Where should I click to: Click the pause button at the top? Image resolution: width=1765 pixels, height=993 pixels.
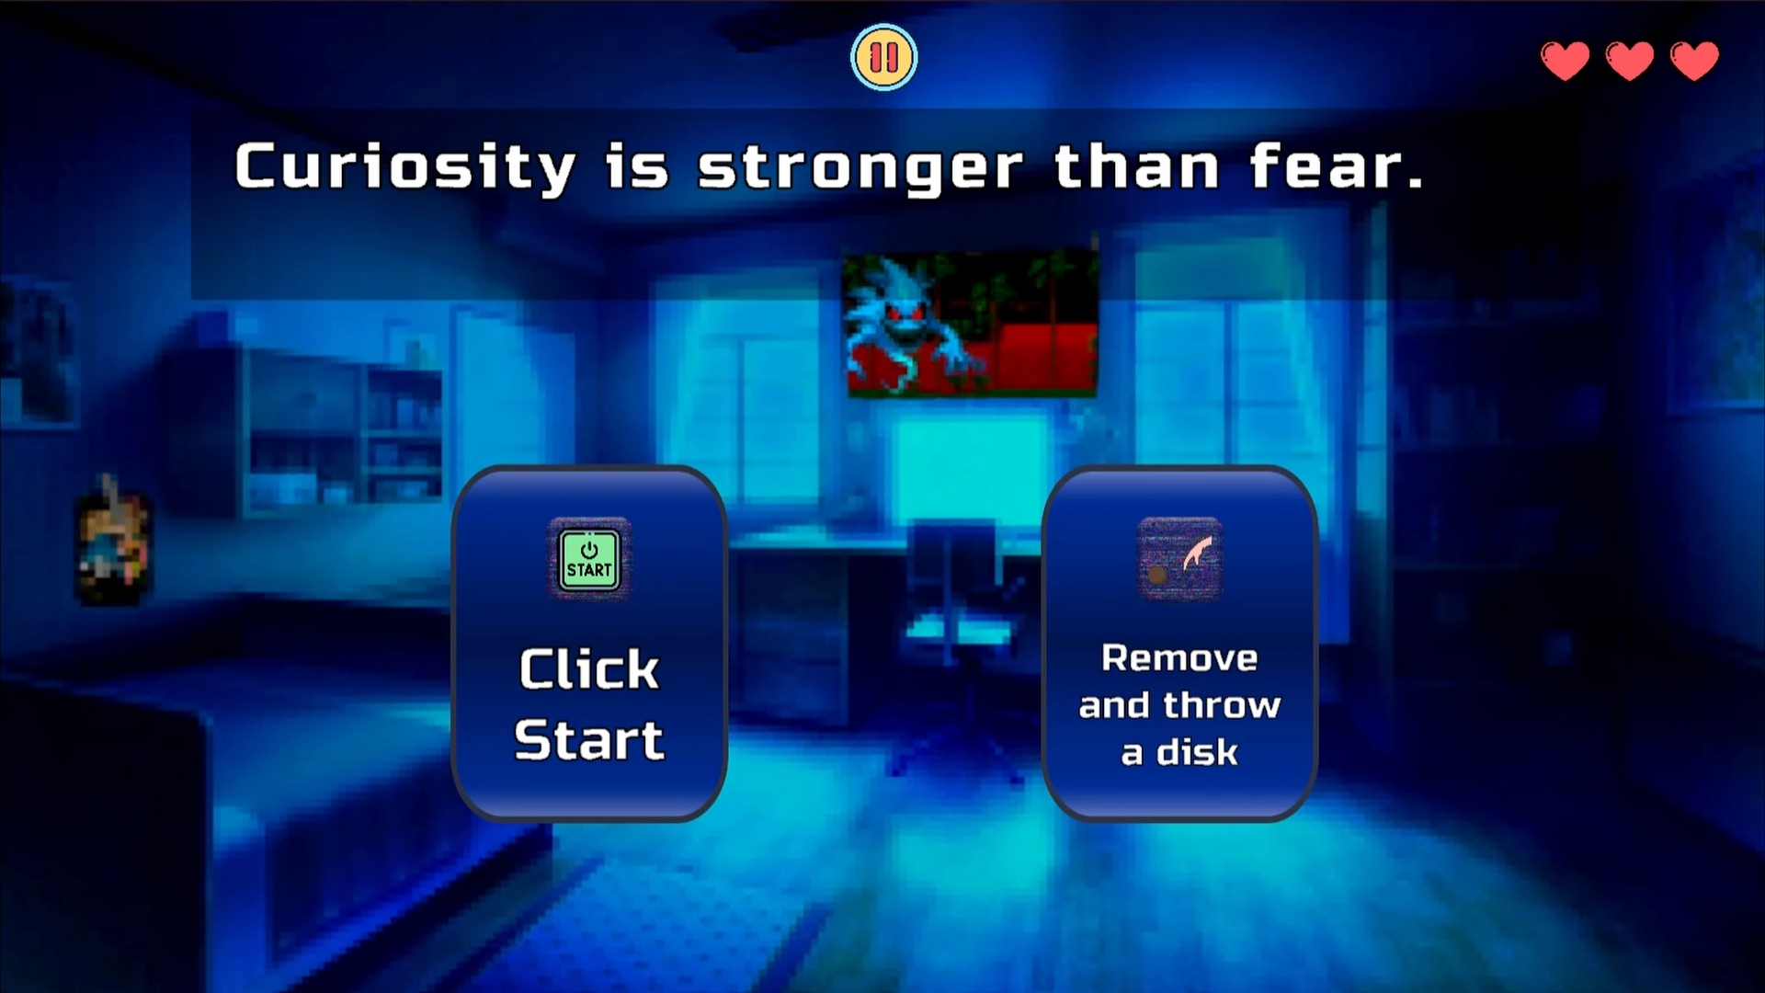883,58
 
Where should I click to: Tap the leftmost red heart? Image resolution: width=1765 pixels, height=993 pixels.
1565,62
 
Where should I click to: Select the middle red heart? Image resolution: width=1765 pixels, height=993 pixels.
1629,62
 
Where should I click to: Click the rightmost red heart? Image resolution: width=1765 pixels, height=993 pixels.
1694,62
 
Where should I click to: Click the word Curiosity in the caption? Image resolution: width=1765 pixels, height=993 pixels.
404,167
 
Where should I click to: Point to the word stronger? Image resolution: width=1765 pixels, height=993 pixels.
860,169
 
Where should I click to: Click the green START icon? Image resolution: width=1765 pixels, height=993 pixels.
589,560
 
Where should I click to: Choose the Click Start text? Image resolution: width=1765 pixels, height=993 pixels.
589,704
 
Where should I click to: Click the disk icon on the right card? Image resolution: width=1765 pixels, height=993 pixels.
1179,559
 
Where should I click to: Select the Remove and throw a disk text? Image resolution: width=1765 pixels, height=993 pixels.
1179,705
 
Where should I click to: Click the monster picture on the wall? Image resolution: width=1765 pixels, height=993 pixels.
971,324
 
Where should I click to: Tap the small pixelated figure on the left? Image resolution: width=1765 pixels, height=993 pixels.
112,542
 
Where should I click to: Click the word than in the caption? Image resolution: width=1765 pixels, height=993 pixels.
1136,167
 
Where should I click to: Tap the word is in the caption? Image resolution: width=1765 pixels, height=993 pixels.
636,167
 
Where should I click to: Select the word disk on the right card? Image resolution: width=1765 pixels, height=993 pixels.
1197,752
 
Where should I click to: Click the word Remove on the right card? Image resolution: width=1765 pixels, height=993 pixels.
1179,658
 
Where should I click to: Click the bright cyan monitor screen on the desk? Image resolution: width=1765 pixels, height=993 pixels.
971,460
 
